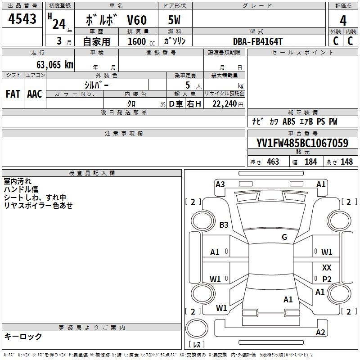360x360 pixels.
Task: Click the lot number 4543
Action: [22, 19]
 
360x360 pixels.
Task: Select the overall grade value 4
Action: [343, 20]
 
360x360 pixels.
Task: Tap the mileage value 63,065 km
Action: [55, 65]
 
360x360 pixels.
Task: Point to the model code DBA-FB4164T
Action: [257, 41]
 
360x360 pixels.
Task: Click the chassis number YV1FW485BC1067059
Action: [302, 143]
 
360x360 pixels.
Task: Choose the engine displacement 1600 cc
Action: [141, 41]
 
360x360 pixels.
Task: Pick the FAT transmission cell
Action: [13, 94]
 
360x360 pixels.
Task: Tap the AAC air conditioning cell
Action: [35, 94]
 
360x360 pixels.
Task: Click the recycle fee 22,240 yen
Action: [228, 104]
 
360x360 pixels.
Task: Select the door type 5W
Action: [175, 20]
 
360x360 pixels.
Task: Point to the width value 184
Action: [310, 162]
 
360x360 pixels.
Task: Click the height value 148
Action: [346, 162]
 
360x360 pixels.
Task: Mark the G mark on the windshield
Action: [284, 237]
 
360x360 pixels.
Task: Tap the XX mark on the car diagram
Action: [327, 267]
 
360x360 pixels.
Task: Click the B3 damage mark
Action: [224, 225]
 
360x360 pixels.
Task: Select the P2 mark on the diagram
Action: [327, 279]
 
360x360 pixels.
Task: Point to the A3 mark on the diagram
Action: [220, 184]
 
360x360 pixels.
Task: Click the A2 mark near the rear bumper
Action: [320, 332]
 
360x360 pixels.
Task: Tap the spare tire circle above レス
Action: [197, 328]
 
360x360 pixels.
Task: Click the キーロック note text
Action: [23, 336]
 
